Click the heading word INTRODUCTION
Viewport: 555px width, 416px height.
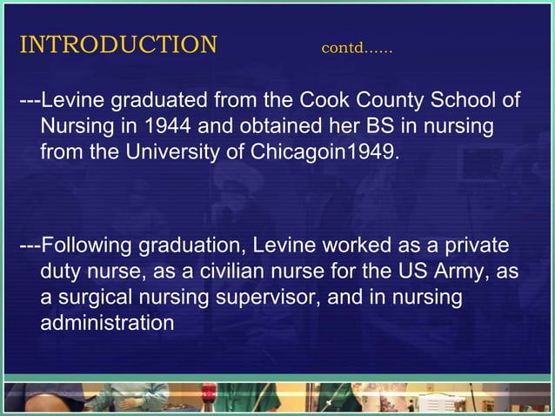(x=117, y=44)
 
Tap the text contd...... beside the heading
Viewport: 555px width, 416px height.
(x=357, y=47)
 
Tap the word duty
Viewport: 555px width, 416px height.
(x=61, y=272)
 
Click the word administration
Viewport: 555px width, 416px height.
(x=107, y=323)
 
